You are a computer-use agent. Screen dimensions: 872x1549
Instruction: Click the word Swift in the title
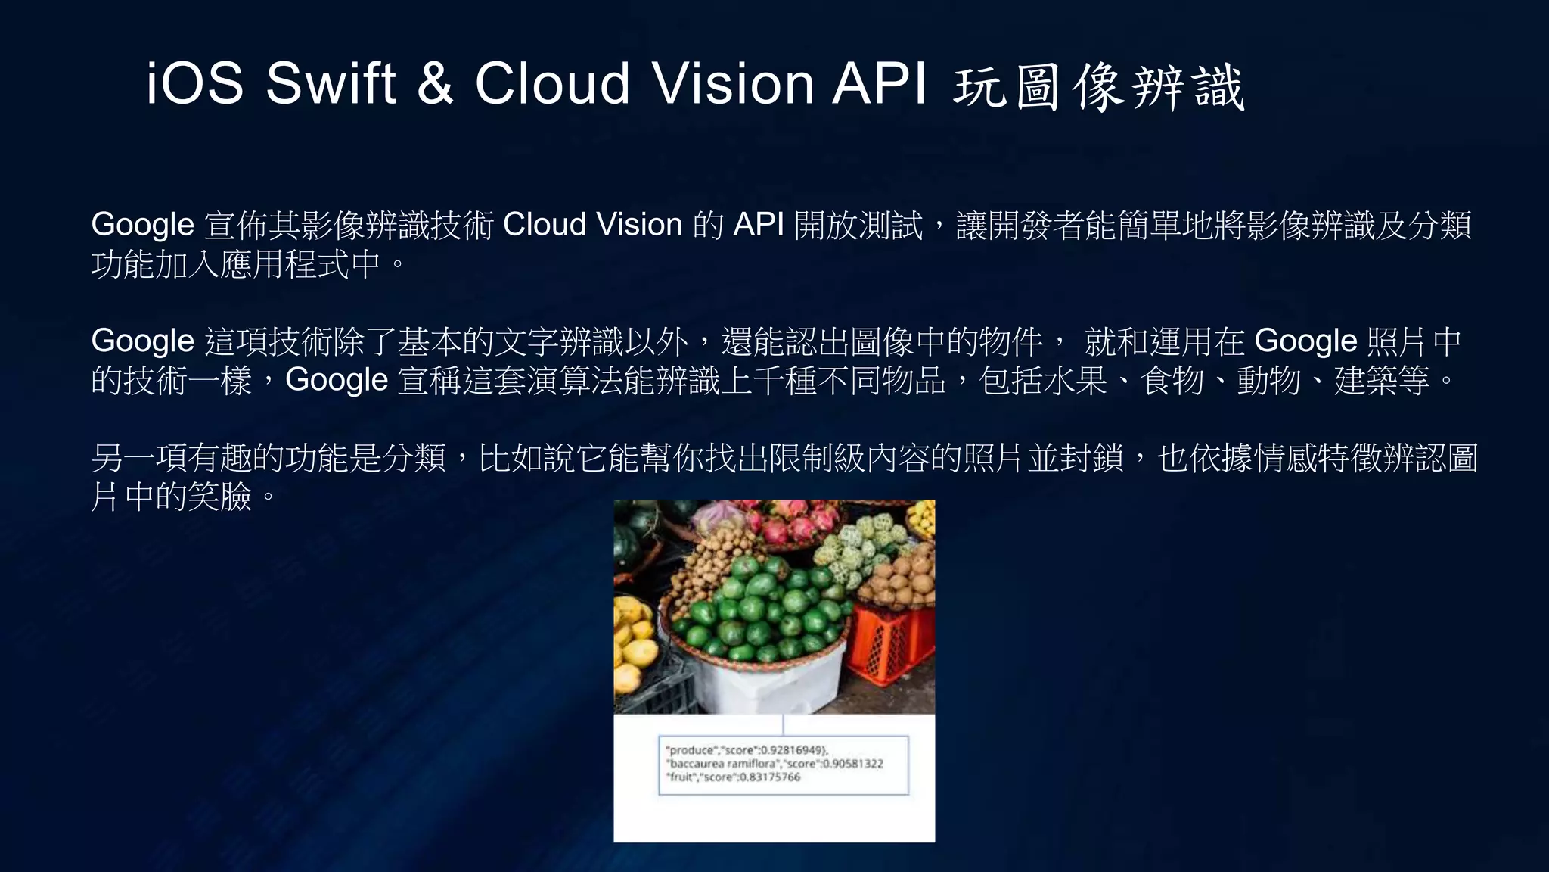331,83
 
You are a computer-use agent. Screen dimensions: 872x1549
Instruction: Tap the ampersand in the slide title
435,83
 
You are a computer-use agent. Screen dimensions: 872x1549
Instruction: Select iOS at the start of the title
194,83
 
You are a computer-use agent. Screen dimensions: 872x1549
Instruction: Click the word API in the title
879,83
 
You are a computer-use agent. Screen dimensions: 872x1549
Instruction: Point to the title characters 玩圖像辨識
1098,87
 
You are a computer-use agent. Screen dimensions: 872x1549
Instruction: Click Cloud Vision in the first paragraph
592,225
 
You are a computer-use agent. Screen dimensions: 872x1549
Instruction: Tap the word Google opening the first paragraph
142,225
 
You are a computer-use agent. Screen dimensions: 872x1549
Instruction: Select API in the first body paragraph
758,225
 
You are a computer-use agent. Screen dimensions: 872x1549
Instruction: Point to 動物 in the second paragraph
1268,380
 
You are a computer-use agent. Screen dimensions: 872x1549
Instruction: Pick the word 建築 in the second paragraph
1366,380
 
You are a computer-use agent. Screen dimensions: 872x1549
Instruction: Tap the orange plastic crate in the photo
889,643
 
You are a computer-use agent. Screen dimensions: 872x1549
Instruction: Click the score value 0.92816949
793,750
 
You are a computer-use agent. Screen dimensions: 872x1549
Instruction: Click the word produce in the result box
691,750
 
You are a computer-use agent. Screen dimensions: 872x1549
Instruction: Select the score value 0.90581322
852,764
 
